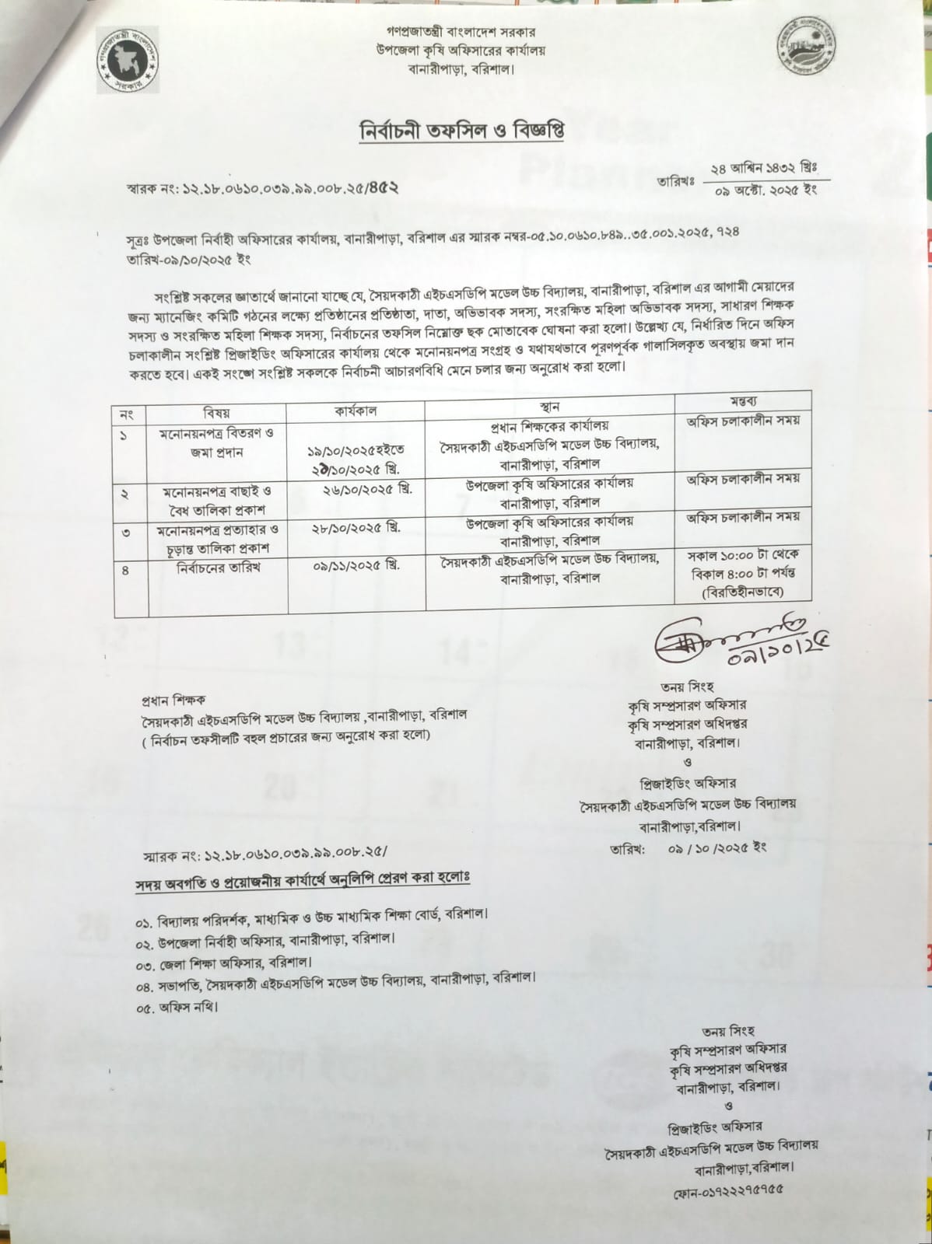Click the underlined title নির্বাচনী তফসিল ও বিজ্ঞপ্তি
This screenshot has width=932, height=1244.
pos(461,131)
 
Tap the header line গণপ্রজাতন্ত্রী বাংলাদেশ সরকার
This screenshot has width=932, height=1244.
pos(461,33)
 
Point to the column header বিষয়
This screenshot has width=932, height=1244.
pos(216,413)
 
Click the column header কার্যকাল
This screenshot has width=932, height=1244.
pos(356,411)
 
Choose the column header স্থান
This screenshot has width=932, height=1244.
pos(548,407)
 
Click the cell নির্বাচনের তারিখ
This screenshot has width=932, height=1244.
pos(218,568)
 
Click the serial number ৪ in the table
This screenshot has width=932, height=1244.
pos(124,571)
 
